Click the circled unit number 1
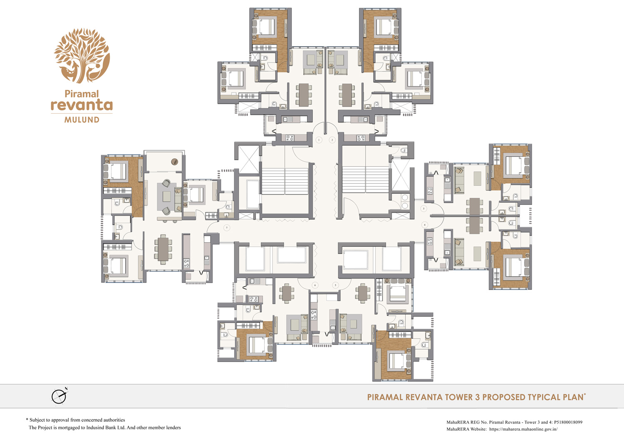coord(319,140)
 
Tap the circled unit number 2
coord(332,140)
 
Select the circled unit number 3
coord(424,208)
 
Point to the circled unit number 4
coord(425,225)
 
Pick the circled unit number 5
coord(335,285)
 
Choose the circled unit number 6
coord(315,285)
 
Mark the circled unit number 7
coord(227,228)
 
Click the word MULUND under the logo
coord(82,120)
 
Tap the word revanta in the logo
coord(82,105)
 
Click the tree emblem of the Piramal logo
coord(82,55)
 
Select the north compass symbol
coord(59,396)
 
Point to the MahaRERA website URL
coord(523,429)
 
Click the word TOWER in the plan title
coord(459,397)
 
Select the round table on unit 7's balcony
coord(175,162)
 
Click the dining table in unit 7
coord(163,248)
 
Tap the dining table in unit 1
coord(304,95)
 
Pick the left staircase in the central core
coord(285,181)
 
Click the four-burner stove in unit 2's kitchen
coord(360,138)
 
